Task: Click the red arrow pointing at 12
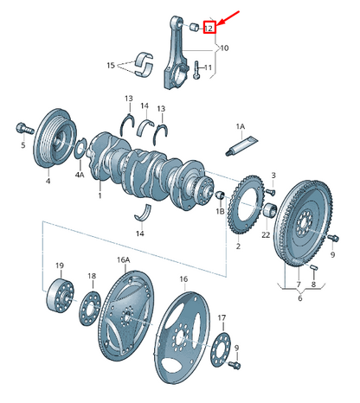tap(228, 18)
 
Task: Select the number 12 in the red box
tap(209, 28)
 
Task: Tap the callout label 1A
tap(241, 126)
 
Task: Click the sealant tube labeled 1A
tap(241, 146)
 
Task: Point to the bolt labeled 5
tap(25, 129)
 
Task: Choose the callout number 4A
tap(80, 175)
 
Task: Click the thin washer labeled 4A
tap(80, 148)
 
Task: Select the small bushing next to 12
tap(195, 27)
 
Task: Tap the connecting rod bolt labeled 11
tap(196, 70)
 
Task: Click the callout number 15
tap(111, 66)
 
